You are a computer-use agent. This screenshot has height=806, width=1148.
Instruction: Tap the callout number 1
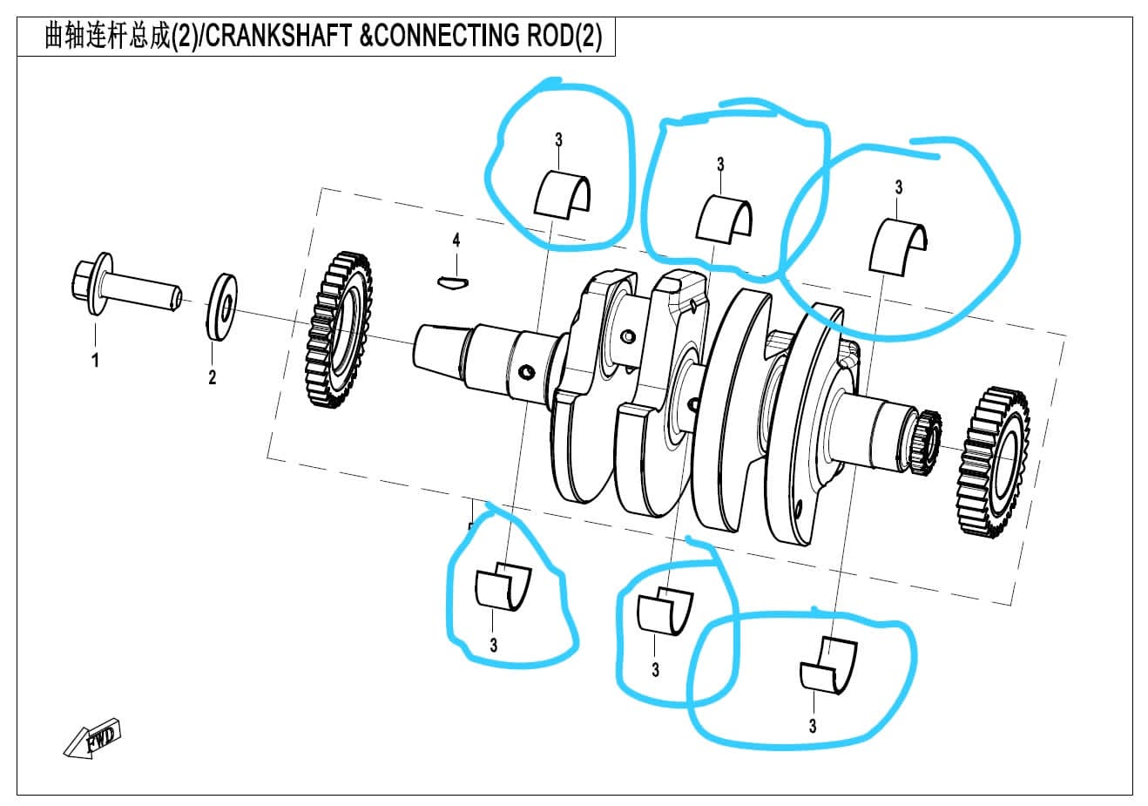point(96,359)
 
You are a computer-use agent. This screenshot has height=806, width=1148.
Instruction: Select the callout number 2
point(212,377)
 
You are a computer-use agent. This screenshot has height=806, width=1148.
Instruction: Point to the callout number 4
point(456,240)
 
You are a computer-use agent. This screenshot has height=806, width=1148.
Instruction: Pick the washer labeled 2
point(223,307)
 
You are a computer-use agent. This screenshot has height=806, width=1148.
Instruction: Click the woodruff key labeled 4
point(453,281)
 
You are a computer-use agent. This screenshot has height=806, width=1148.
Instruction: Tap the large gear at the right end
point(993,463)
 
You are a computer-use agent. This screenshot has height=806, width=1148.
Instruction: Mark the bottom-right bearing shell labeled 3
point(827,667)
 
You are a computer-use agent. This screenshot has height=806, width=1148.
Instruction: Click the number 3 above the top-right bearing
point(898,187)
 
